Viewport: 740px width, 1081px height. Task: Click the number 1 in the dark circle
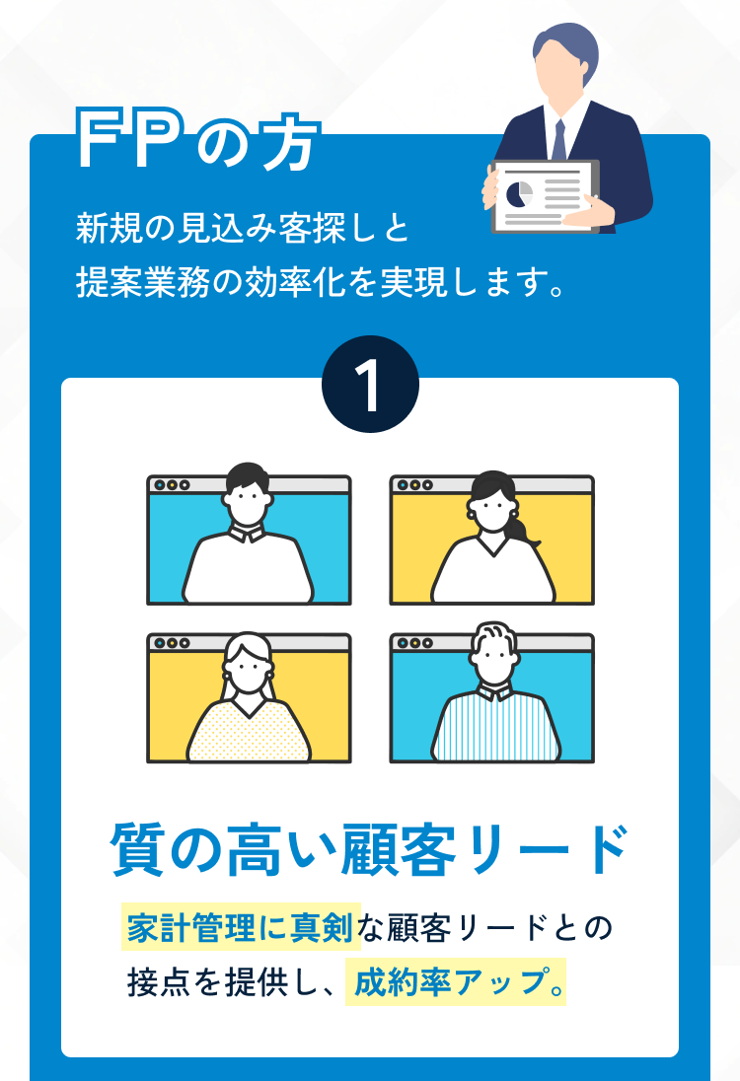[x=370, y=387]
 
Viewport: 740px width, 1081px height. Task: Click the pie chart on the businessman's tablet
[x=520, y=193]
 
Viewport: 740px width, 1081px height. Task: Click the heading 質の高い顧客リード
[x=370, y=848]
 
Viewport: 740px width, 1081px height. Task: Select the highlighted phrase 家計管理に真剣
[x=241, y=927]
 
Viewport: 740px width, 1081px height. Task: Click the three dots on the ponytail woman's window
[x=414, y=484]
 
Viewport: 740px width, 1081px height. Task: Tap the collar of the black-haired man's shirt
[x=248, y=532]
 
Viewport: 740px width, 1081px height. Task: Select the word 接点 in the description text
[x=159, y=981]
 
